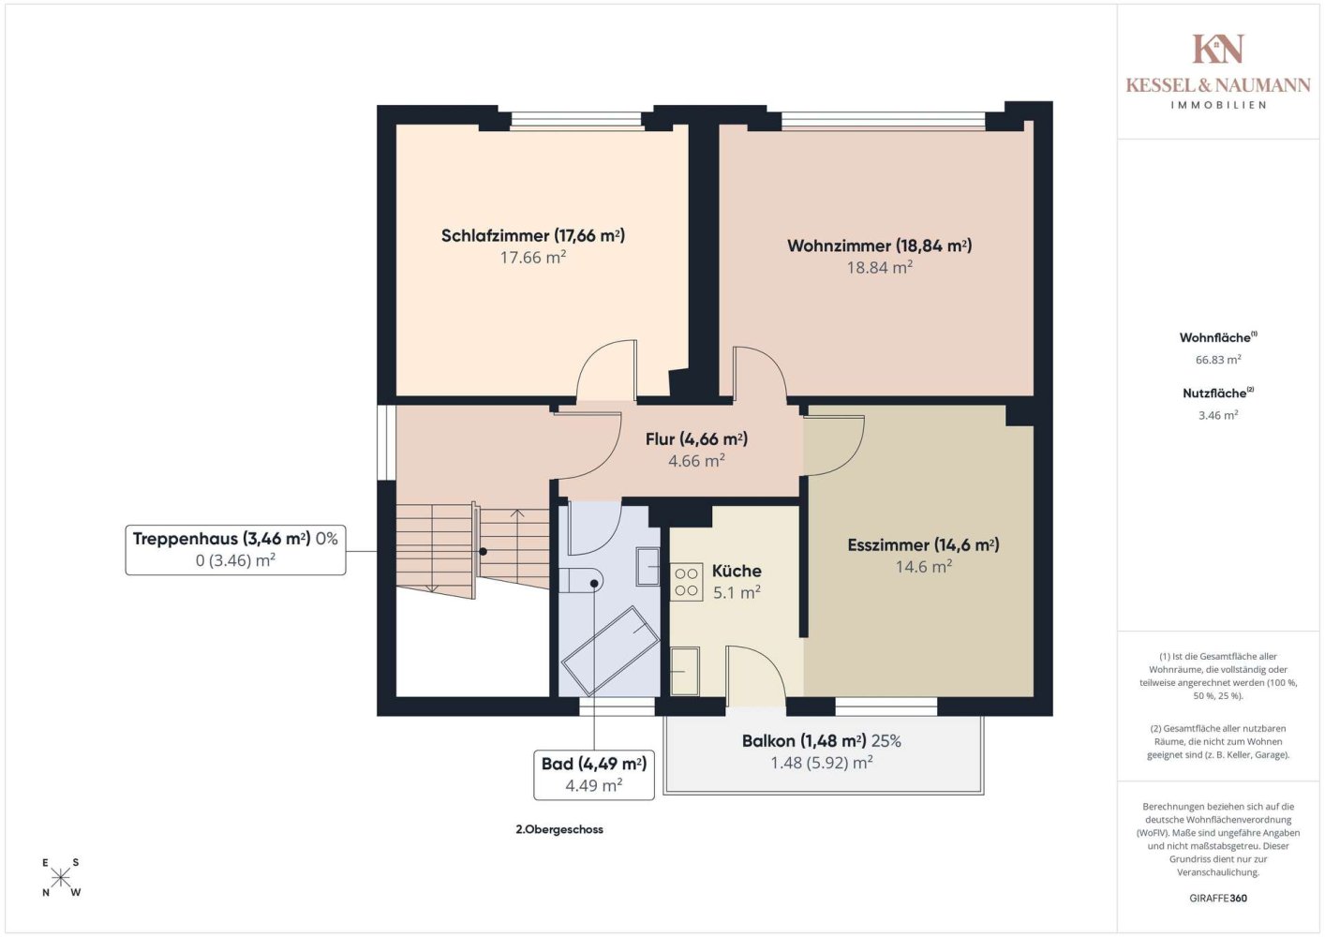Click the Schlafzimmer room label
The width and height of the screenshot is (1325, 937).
pyautogui.click(x=533, y=235)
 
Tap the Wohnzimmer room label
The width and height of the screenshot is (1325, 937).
pyautogui.click(x=879, y=245)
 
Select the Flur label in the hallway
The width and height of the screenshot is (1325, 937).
pyautogui.click(x=696, y=439)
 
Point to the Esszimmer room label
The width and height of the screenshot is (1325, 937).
pyautogui.click(x=923, y=544)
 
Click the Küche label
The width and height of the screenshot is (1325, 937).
pyautogui.click(x=737, y=571)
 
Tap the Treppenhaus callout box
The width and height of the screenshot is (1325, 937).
pyautogui.click(x=235, y=549)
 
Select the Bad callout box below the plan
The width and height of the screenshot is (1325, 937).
pyautogui.click(x=594, y=775)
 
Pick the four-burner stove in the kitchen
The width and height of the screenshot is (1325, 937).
pyautogui.click(x=686, y=582)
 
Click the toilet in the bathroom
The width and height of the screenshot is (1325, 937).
pyautogui.click(x=581, y=580)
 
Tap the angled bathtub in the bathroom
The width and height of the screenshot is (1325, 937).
pyautogui.click(x=610, y=650)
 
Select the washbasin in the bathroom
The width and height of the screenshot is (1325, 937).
pyautogui.click(x=648, y=567)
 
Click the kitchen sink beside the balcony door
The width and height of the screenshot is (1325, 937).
pyautogui.click(x=685, y=672)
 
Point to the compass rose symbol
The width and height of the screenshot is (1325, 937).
pyautogui.click(x=60, y=878)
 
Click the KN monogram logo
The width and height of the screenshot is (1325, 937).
pyautogui.click(x=1217, y=49)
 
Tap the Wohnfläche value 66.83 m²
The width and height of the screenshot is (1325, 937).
pyautogui.click(x=1218, y=359)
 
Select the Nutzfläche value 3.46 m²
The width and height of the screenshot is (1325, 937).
pyautogui.click(x=1218, y=415)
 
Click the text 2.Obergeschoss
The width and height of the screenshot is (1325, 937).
pyautogui.click(x=559, y=829)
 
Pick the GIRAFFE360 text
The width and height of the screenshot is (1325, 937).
pyautogui.click(x=1218, y=898)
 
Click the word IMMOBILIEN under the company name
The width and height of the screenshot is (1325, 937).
pyautogui.click(x=1218, y=105)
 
